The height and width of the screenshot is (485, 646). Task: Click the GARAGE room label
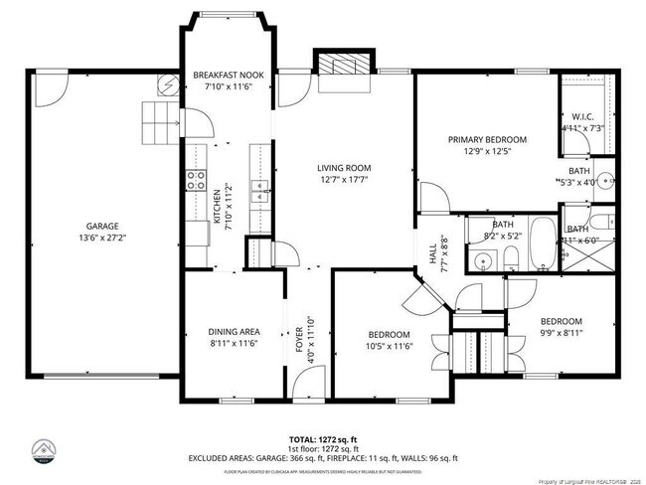100,226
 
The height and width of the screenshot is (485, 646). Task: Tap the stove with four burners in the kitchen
195,180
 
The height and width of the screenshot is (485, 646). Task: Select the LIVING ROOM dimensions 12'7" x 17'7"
344,180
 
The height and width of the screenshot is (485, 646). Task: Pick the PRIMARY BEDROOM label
486,140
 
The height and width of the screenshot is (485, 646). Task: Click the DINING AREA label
234,332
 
